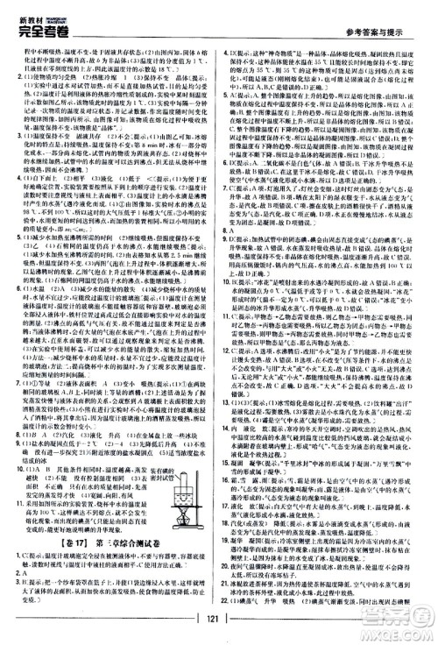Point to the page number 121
pyautogui.click(x=219, y=623)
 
